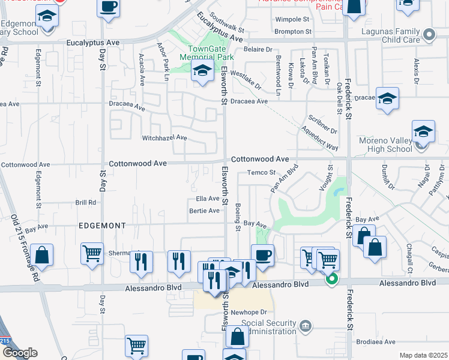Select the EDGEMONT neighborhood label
coord(101,226)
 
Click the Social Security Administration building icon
coord(306,326)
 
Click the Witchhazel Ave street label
coord(164,138)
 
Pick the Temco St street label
coord(261,173)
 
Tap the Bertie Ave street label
coord(204,211)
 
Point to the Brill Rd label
coord(86,203)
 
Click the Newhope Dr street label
coord(248,312)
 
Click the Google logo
coord(19,353)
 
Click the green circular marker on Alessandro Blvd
coord(331,279)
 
